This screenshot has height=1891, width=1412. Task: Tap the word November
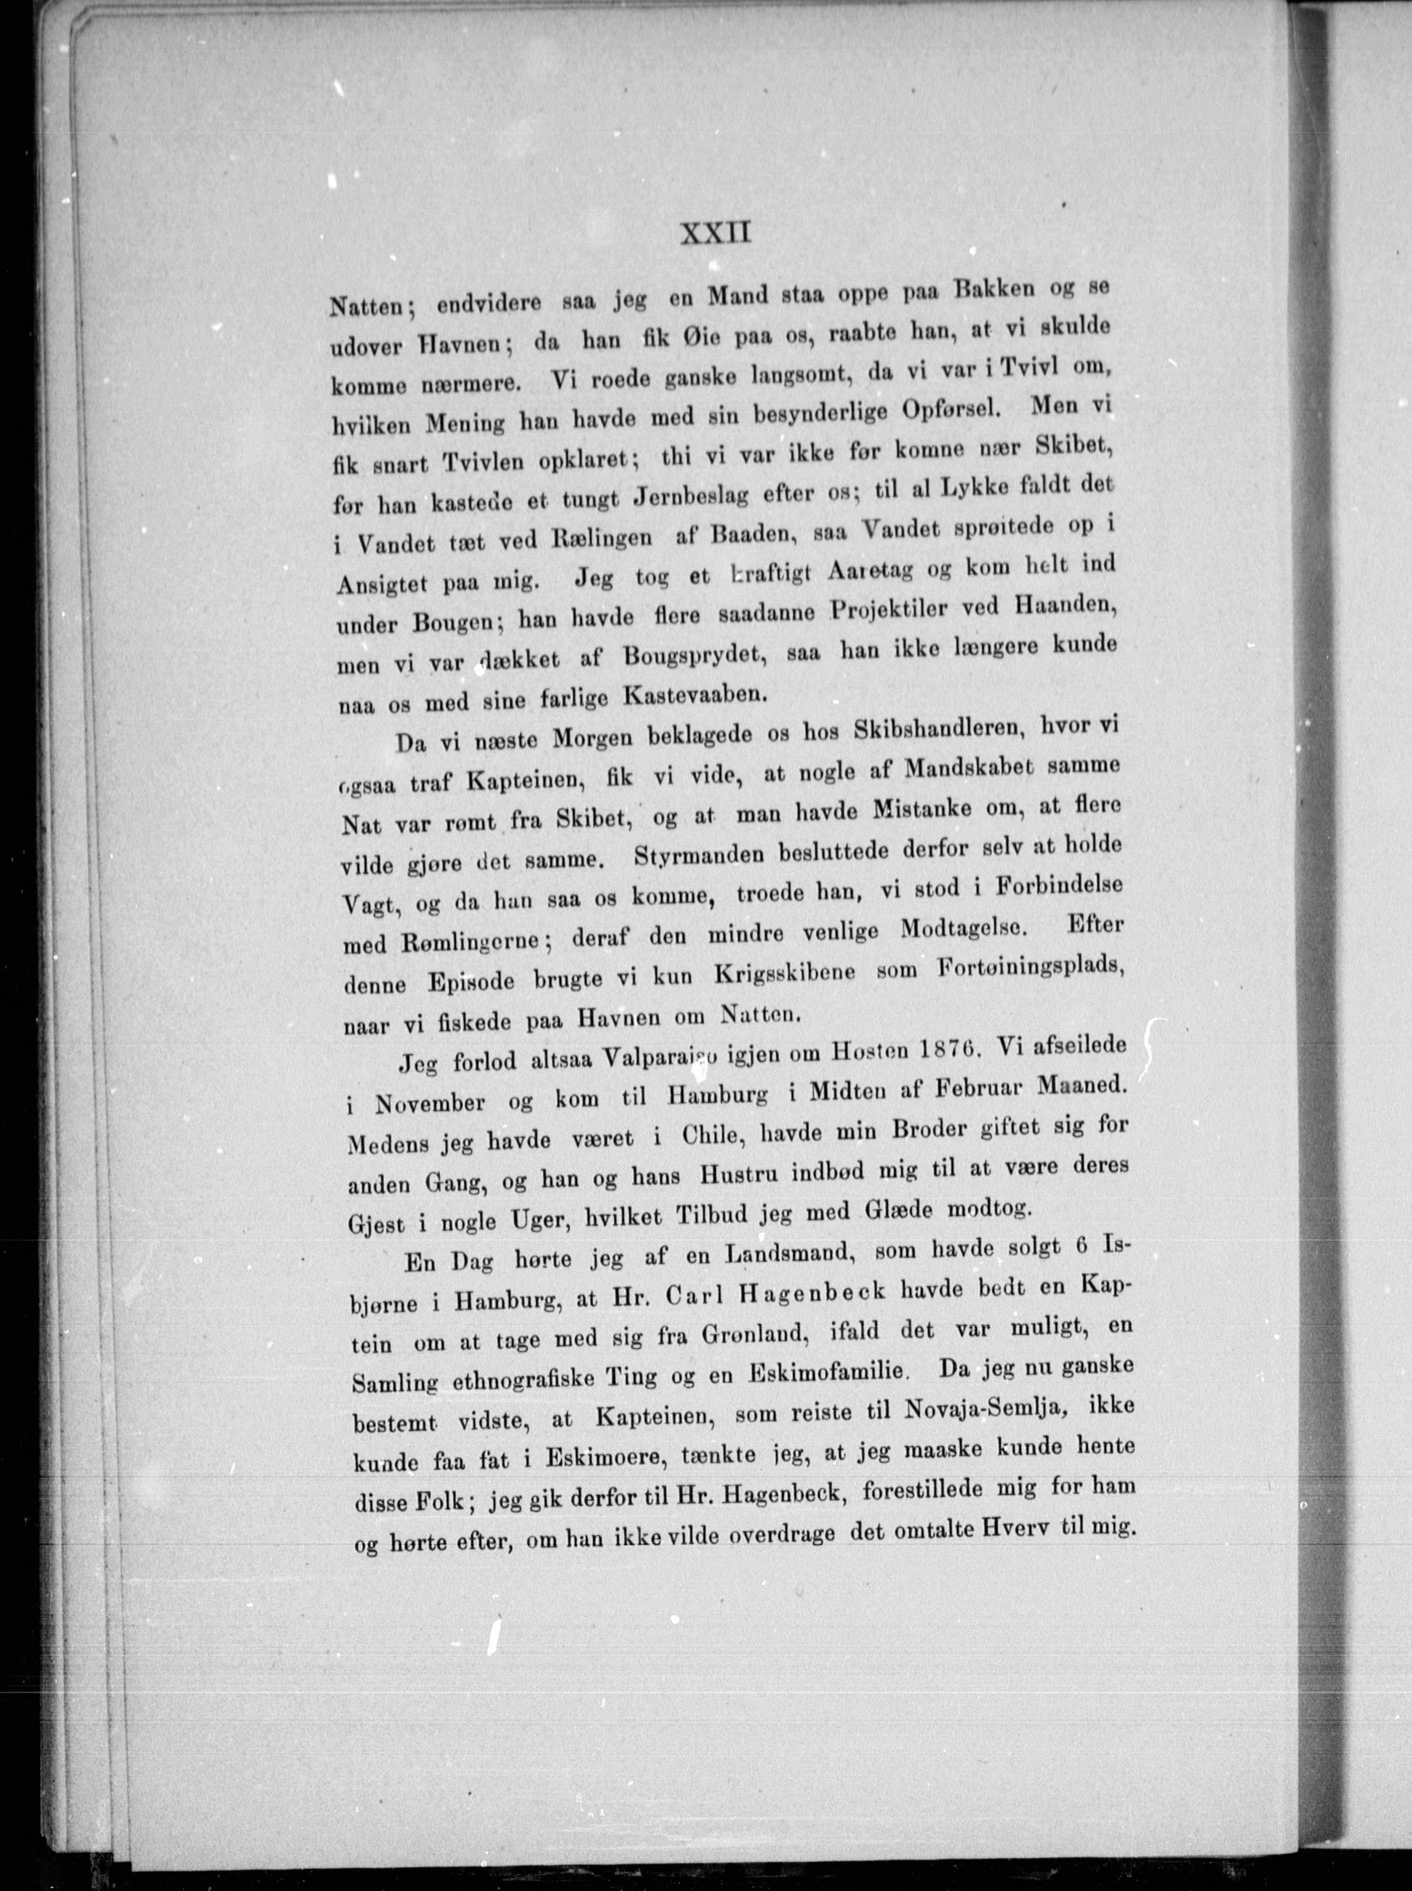(432, 1103)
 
